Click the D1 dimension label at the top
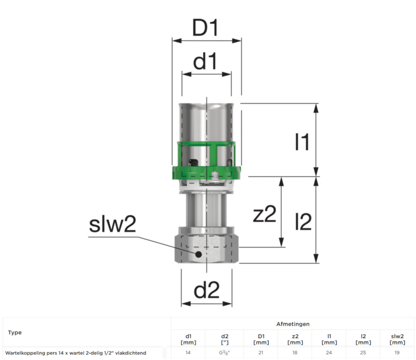pyautogui.click(x=205, y=28)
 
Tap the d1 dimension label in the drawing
pyautogui.click(x=205, y=61)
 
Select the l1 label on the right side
pyautogui.click(x=303, y=142)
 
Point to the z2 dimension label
pyautogui.click(x=265, y=214)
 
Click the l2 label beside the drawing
pyautogui.click(x=304, y=222)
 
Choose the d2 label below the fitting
pyautogui.click(x=206, y=290)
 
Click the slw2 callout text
pyautogui.click(x=112, y=224)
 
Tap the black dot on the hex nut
pyautogui.click(x=198, y=254)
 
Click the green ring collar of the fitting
pyautogui.click(x=206, y=173)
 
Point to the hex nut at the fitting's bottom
pyautogui.click(x=206, y=249)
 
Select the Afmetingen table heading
pyautogui.click(x=293, y=324)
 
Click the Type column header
pyautogui.click(x=15, y=332)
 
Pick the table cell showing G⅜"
pyautogui.click(x=225, y=353)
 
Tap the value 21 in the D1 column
pyautogui.click(x=261, y=353)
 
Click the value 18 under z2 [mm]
pyautogui.click(x=295, y=353)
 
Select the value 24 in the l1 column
pyautogui.click(x=329, y=353)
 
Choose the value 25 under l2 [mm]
pyautogui.click(x=363, y=353)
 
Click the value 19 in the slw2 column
pyautogui.click(x=397, y=353)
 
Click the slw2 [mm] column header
pyautogui.click(x=397, y=339)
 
